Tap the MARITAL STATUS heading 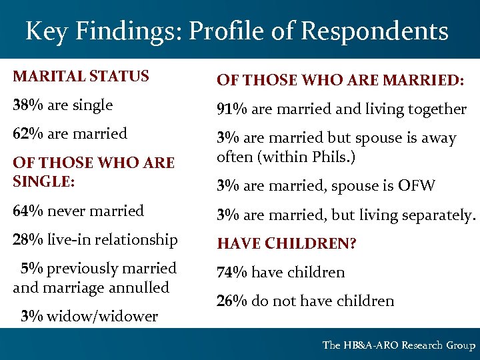pyautogui.click(x=81, y=76)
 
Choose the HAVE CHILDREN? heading pyautogui.click(x=287, y=244)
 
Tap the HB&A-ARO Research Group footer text pyautogui.click(x=399, y=345)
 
